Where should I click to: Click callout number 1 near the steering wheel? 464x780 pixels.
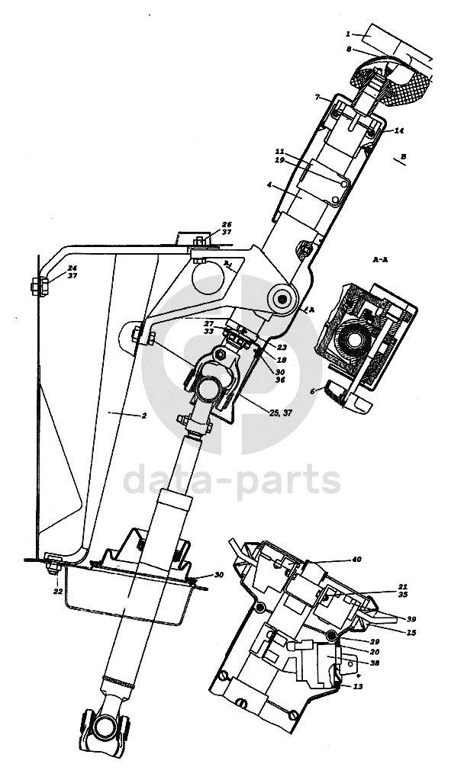[348, 34]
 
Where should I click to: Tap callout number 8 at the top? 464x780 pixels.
[348, 50]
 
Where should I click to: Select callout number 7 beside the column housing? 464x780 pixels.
[316, 98]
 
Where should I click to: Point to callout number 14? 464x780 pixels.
[399, 131]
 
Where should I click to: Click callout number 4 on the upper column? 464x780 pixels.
[269, 185]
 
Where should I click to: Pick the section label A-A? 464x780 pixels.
[379, 260]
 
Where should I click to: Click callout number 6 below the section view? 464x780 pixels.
[311, 390]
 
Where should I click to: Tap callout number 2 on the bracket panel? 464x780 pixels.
[143, 416]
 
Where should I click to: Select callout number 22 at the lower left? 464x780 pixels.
[58, 592]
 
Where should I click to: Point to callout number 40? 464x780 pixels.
[356, 560]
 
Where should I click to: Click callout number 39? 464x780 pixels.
[411, 619]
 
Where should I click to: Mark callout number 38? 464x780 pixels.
[375, 663]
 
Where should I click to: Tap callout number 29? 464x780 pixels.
[374, 642]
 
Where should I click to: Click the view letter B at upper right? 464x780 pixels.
[404, 156]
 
